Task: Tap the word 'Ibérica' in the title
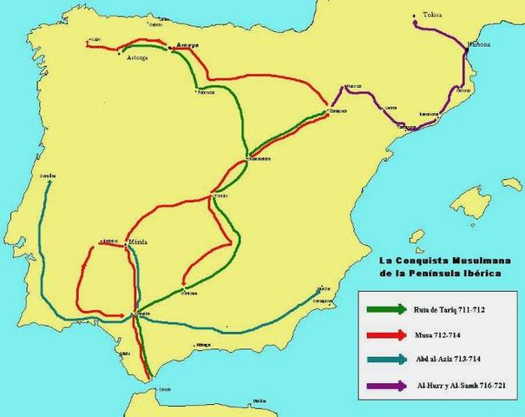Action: (479, 272)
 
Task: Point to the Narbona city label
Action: (476, 43)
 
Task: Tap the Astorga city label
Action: (136, 57)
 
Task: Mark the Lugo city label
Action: (95, 40)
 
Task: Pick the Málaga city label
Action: (203, 345)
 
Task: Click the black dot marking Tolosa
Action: (416, 16)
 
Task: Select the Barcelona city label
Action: (427, 114)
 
